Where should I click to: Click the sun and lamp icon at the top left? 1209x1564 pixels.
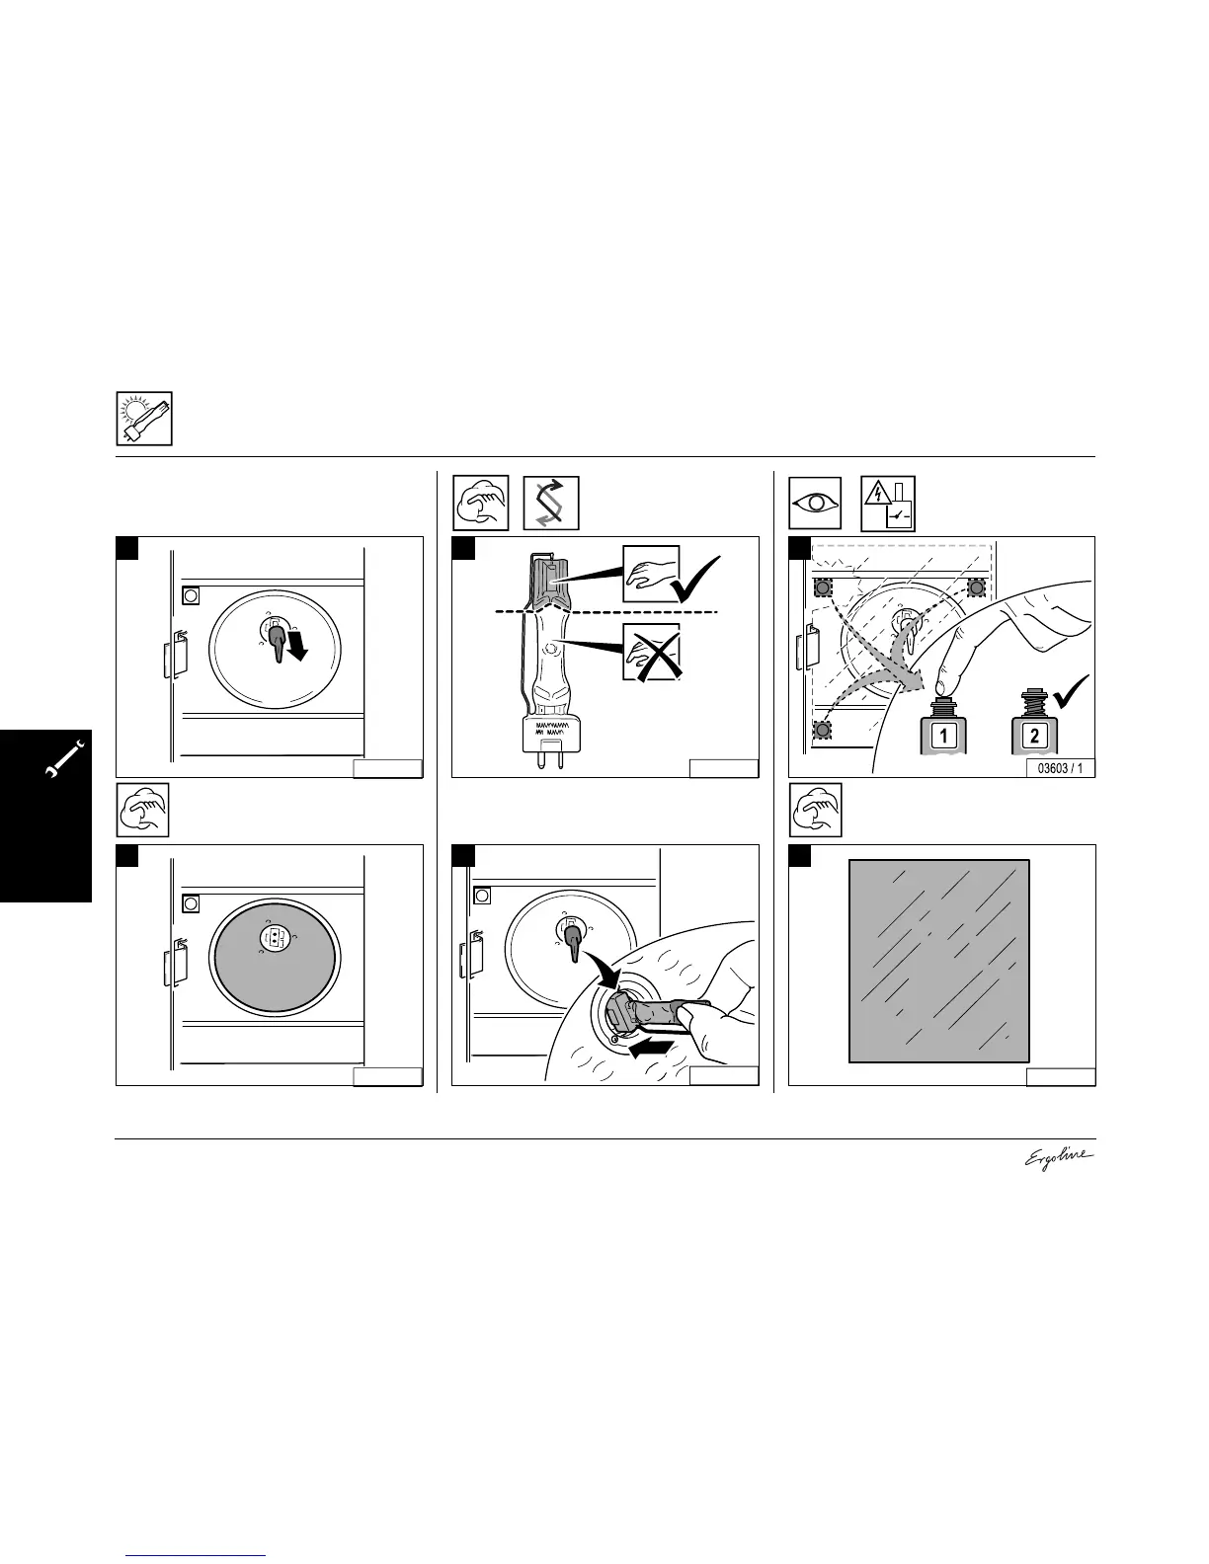144,419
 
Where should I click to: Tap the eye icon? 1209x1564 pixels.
816,504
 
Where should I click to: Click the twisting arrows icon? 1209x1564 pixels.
550,504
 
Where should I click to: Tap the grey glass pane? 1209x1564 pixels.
939,961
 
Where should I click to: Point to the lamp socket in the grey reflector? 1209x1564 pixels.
275,939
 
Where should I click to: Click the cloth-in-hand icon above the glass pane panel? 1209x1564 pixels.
815,811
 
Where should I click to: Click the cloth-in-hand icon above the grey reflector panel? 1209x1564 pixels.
143,811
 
